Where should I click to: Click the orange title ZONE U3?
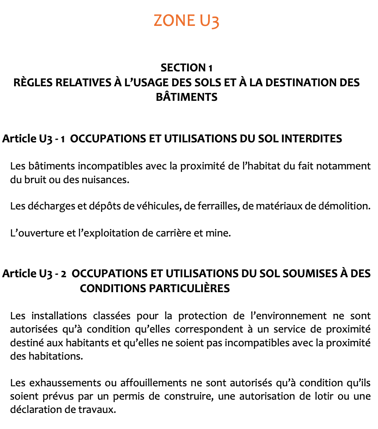point(186,20)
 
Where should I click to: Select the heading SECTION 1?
point(186,68)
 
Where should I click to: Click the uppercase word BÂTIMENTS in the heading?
point(186,97)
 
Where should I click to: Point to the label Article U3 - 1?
point(34,139)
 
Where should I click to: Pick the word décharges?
point(49,206)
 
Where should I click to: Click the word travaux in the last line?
point(100,411)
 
